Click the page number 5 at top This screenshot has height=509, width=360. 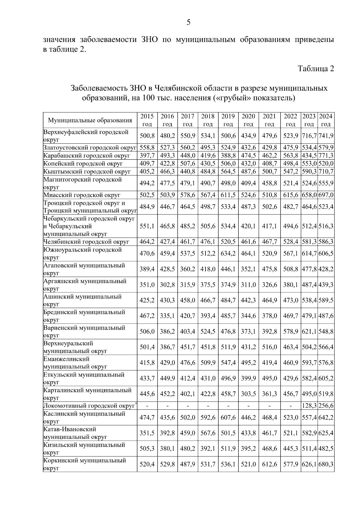pos(188,22)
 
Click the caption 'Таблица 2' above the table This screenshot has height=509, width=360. pos(316,69)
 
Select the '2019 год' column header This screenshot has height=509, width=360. pos(228,120)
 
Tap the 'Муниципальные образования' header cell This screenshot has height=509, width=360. pos(90,121)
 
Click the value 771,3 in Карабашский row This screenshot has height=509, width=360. pos(326,156)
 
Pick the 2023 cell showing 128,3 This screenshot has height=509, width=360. pos(309,406)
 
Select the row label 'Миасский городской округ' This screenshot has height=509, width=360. pos(82,195)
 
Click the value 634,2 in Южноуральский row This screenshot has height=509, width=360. pos(228,253)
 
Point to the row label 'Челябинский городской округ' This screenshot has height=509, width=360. pos(86,242)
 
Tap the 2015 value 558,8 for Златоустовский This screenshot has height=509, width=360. pos(147,148)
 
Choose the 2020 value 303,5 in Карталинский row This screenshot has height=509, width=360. pos(248,394)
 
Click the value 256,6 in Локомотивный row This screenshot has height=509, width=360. pos(326,406)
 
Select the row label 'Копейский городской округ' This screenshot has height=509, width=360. pos(83,163)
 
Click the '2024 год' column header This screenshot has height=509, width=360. pos(326,120)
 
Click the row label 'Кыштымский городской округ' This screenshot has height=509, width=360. pos(87,172)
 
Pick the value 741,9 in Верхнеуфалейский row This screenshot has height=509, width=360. pos(326,136)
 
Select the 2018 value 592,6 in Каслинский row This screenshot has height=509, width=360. pos(208,418)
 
